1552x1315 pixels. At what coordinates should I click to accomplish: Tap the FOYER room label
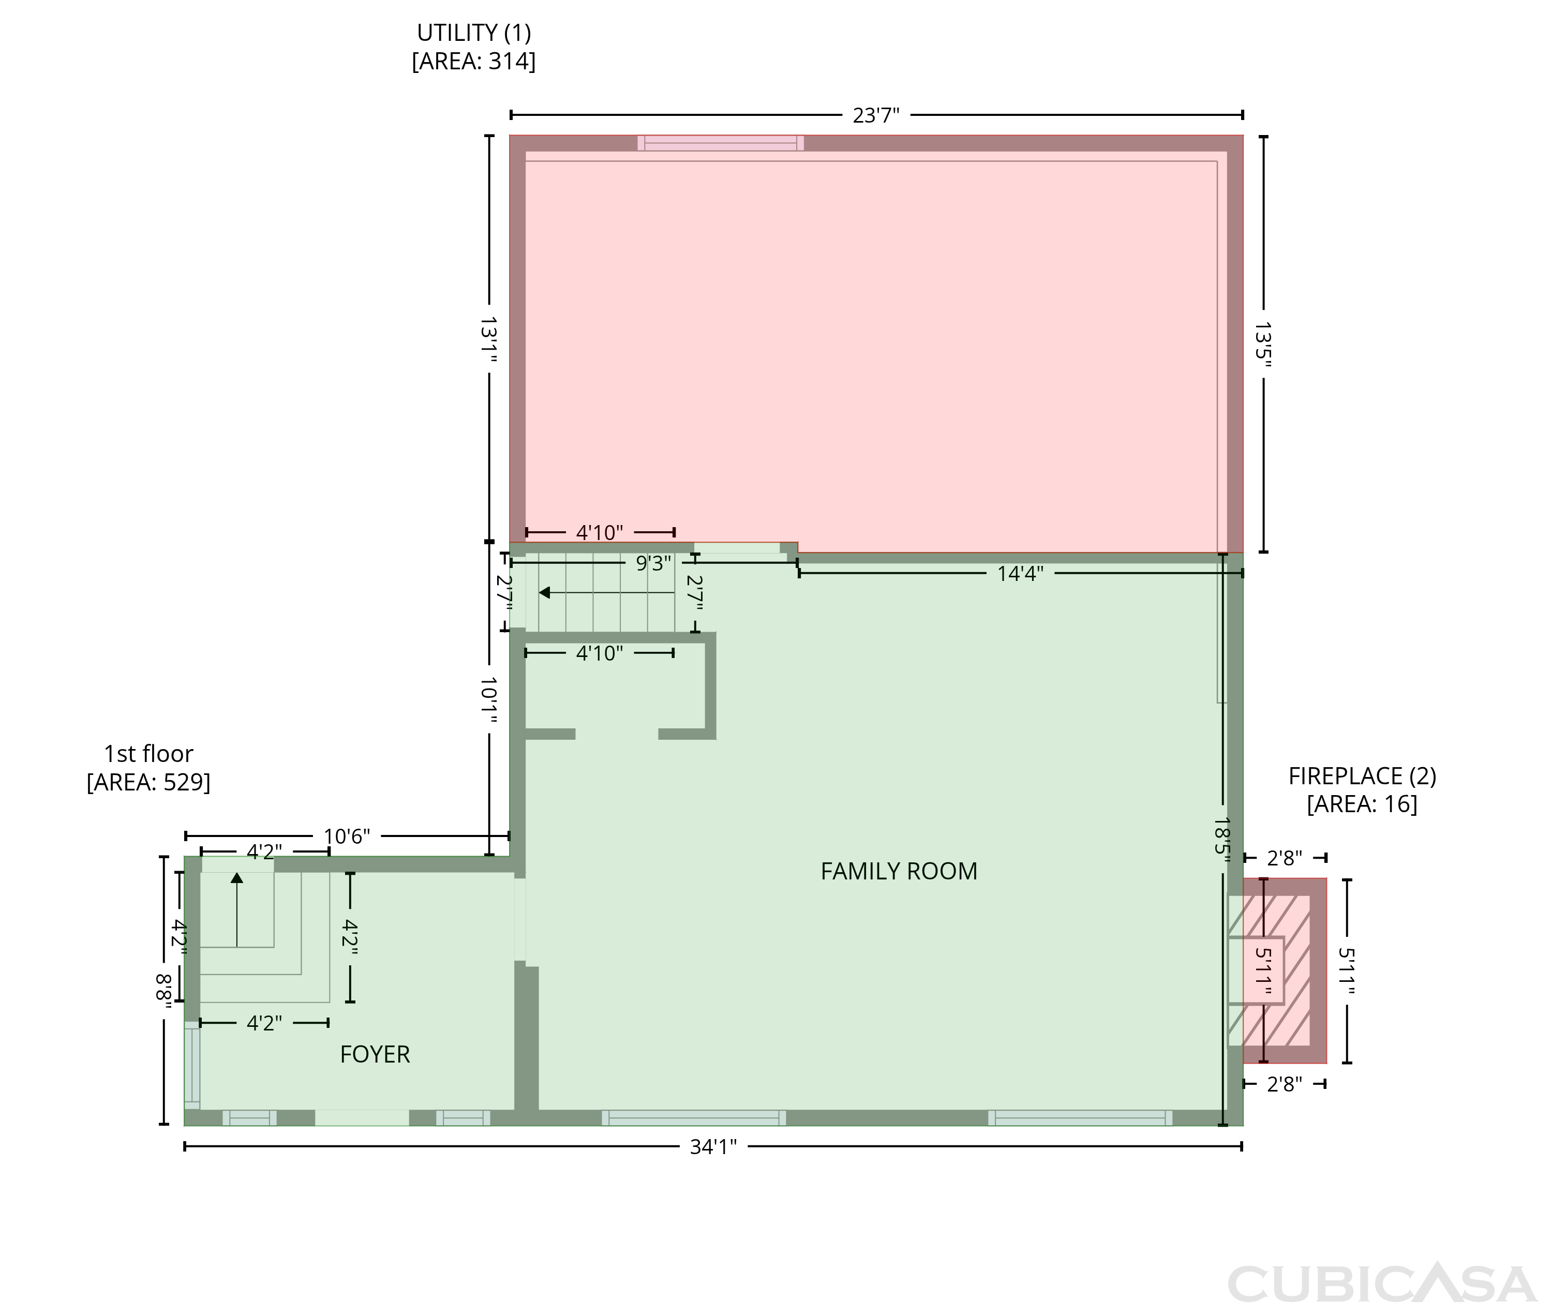[375, 1054]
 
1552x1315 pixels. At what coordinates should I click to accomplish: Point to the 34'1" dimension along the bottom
[713, 1146]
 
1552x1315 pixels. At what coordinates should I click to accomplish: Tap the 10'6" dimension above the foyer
[347, 836]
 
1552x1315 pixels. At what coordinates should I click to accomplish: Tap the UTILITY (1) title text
[473, 33]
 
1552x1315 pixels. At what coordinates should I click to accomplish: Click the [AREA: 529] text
[148, 782]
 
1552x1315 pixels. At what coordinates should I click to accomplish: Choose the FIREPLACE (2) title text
[1362, 776]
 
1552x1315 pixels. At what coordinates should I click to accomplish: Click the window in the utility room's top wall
[721, 143]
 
